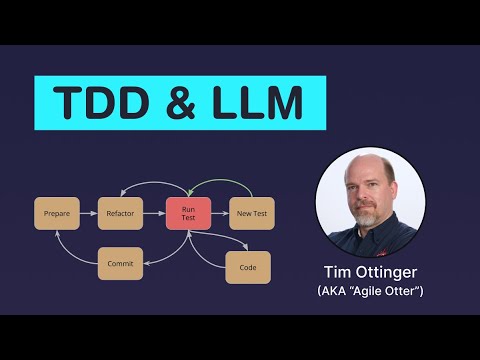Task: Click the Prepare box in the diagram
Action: point(56,213)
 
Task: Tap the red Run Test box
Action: point(187,213)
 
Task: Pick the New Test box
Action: point(250,213)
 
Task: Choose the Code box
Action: point(248,267)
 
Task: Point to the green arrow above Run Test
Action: point(219,183)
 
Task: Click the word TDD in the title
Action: point(98,104)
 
